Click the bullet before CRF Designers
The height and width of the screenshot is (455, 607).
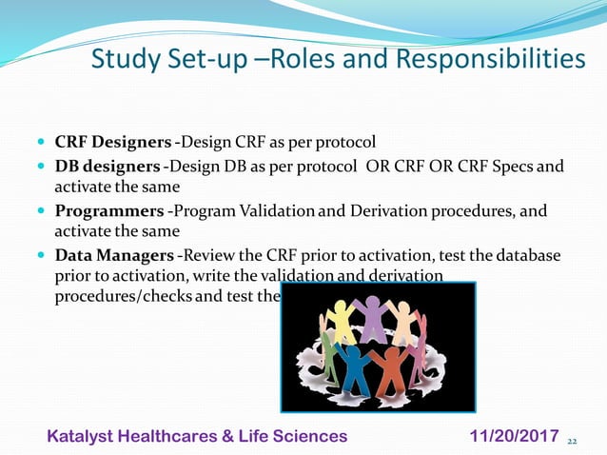coord(42,145)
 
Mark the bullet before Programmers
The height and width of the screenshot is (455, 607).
coord(42,211)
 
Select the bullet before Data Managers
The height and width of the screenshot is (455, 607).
coord(42,255)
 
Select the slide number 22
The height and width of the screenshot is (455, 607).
coord(572,442)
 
